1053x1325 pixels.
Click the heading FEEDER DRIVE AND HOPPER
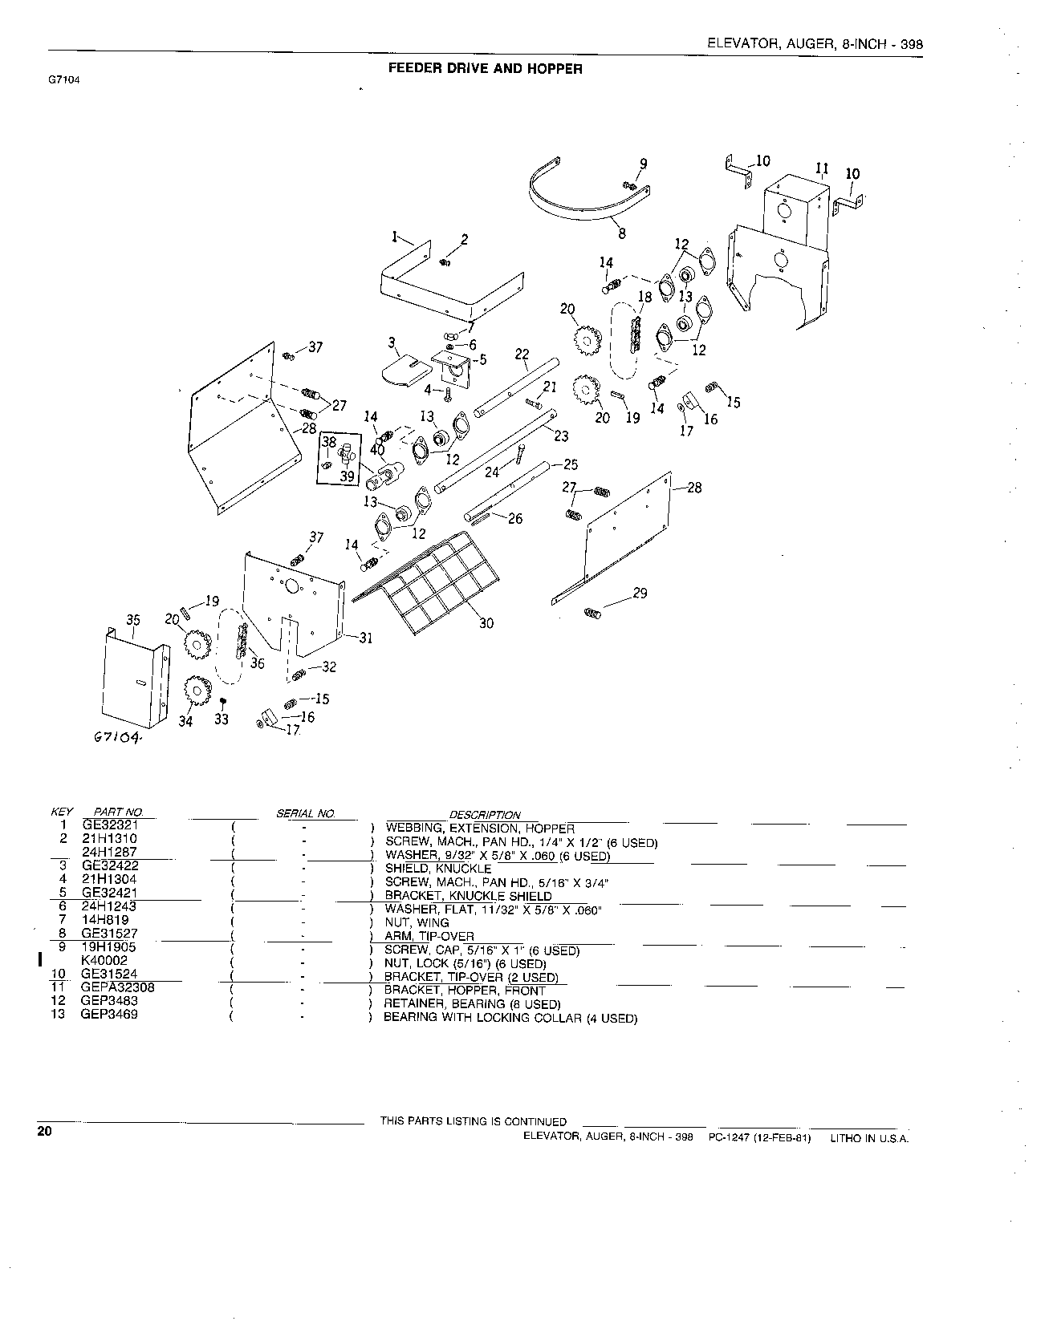[x=485, y=68]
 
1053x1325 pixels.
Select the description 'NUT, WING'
[x=417, y=922]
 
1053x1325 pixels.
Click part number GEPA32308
[x=119, y=988]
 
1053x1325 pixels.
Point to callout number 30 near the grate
[x=486, y=622]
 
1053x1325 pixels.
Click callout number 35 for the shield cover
[x=133, y=619]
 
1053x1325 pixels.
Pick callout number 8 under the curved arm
[x=622, y=234]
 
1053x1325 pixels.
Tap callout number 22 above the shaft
[x=522, y=354]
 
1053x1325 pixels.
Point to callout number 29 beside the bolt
[x=640, y=594]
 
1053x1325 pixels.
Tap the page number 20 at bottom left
[x=44, y=1133]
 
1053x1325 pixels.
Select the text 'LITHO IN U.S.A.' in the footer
[x=869, y=1139]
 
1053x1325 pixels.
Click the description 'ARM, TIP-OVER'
[x=430, y=936]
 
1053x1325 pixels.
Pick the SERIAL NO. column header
[x=305, y=813]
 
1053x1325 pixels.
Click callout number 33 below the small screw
[x=222, y=719]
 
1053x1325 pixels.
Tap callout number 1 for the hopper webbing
[x=395, y=237]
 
